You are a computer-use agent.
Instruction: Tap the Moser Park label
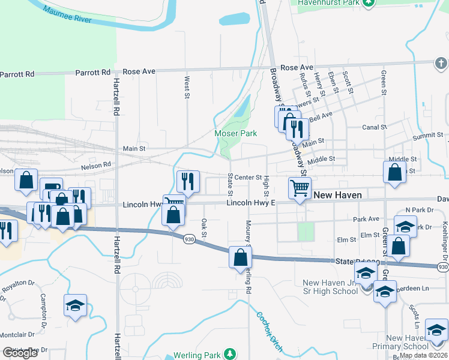(236, 133)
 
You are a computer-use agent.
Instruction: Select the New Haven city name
(337, 195)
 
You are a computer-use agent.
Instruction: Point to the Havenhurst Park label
(328, 3)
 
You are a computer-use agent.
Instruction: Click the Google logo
(20, 353)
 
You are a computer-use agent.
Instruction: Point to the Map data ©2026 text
(424, 355)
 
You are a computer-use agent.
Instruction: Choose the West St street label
(187, 86)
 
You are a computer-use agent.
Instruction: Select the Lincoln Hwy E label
(250, 203)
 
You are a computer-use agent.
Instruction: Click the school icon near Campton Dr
(76, 305)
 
